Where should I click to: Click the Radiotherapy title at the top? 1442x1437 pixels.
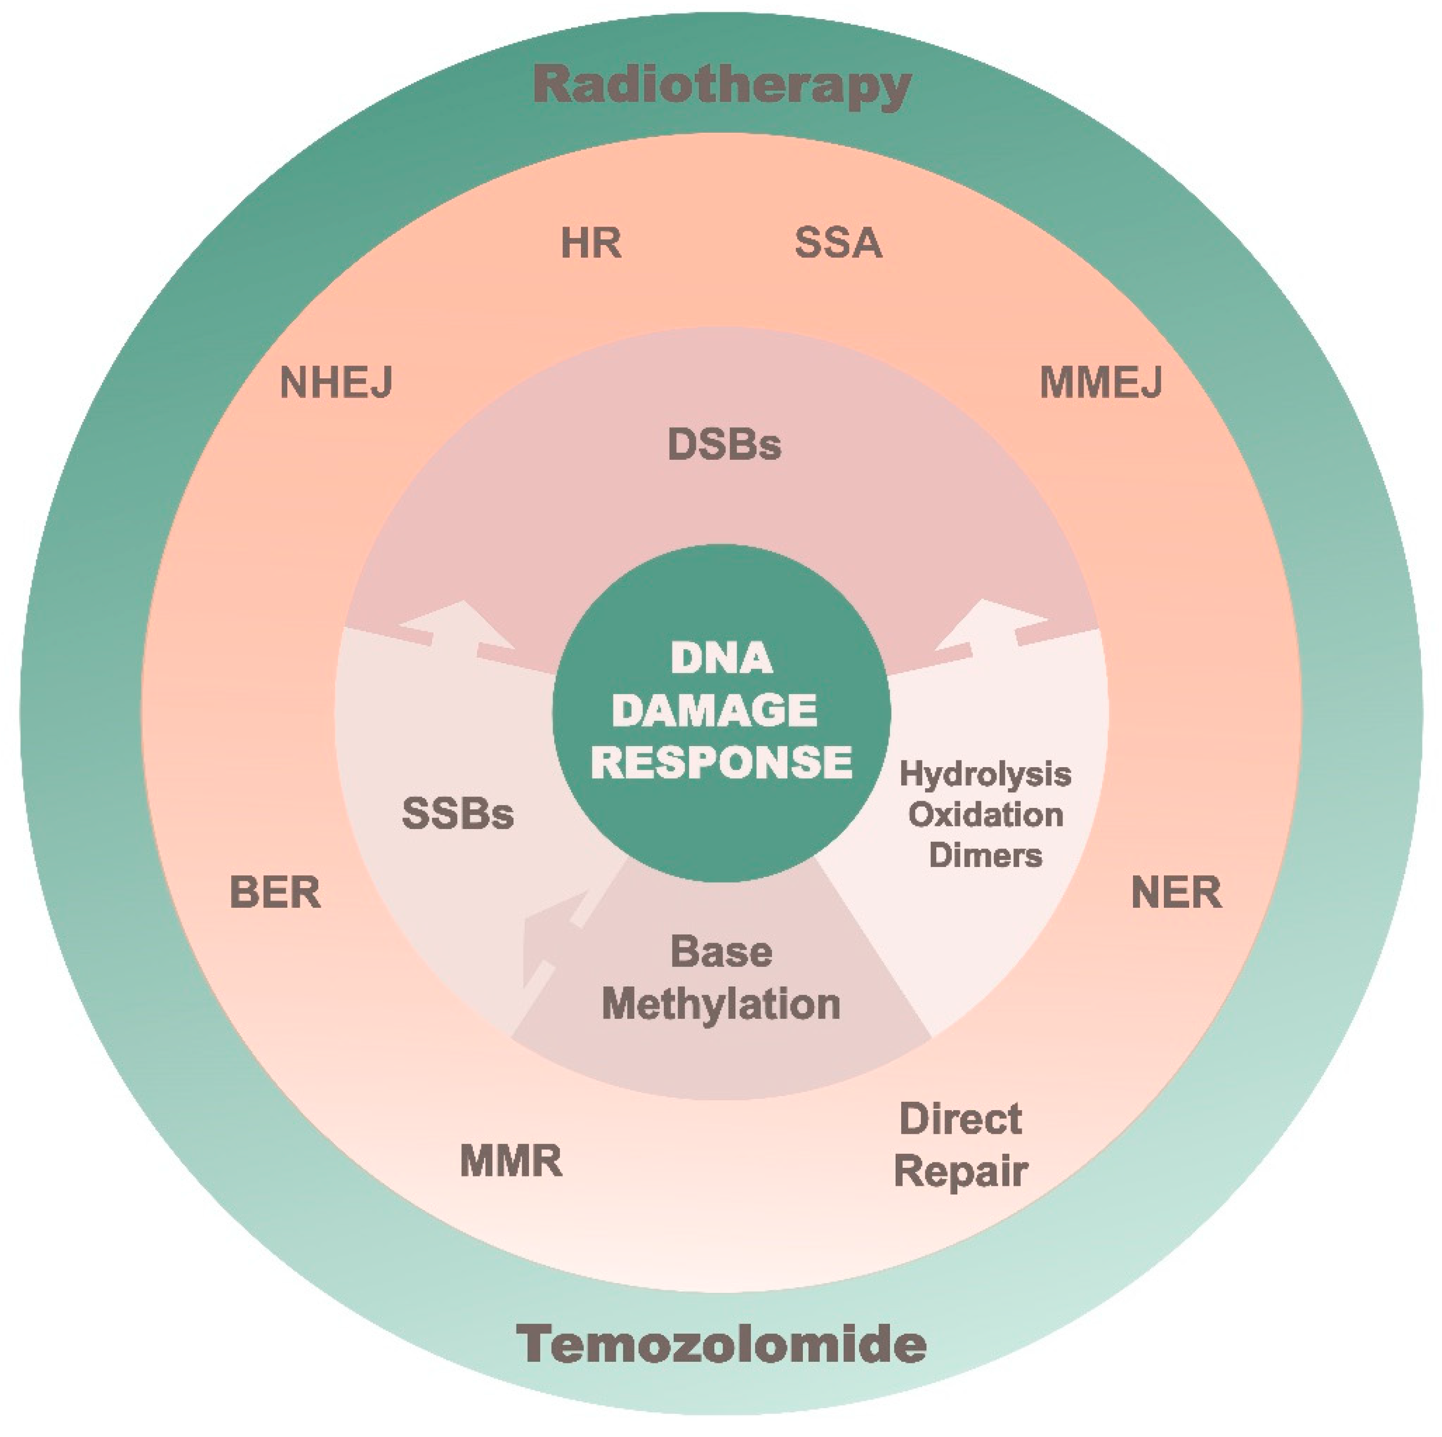(x=722, y=86)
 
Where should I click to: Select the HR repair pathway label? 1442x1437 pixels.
(x=590, y=243)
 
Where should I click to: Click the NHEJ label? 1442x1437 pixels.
(x=336, y=383)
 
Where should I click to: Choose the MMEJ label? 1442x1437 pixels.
(x=1101, y=383)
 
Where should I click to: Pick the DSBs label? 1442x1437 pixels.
(x=724, y=445)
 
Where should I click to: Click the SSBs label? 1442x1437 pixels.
(x=457, y=813)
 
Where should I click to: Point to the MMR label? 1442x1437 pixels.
(x=510, y=1162)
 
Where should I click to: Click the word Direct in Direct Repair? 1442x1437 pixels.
(x=960, y=1119)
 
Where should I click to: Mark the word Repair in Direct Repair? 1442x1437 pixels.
(x=960, y=1171)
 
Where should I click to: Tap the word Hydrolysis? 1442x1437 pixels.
(x=985, y=774)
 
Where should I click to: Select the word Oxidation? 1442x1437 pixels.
(x=985, y=815)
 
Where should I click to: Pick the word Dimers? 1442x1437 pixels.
(x=985, y=855)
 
